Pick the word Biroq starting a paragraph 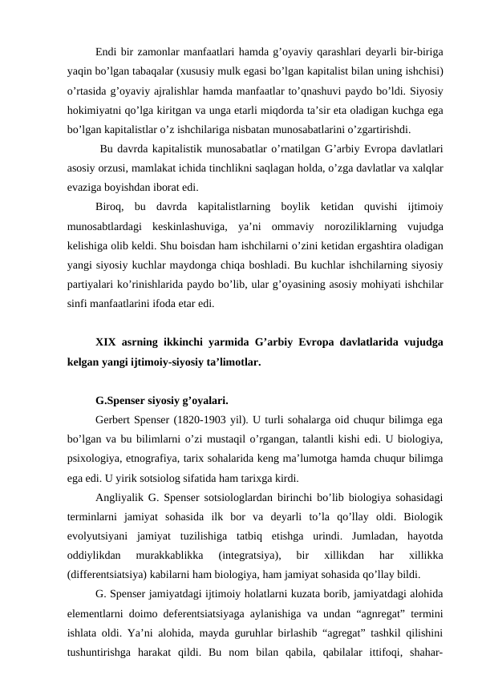point(109,207)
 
